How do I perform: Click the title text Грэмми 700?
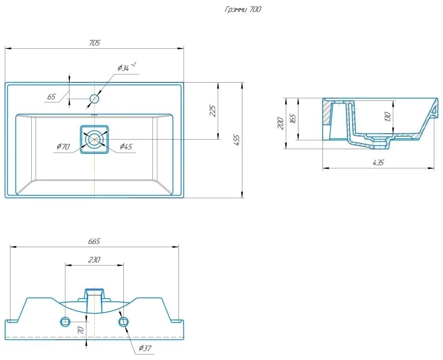click(x=243, y=10)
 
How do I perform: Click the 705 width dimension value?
click(x=95, y=43)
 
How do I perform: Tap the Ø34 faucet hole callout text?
click(x=126, y=67)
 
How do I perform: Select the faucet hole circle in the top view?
click(x=94, y=99)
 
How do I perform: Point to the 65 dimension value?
click(x=51, y=97)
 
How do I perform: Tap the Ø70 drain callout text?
click(x=63, y=147)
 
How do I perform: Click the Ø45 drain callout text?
click(x=126, y=147)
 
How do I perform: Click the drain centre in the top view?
click(x=94, y=140)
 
